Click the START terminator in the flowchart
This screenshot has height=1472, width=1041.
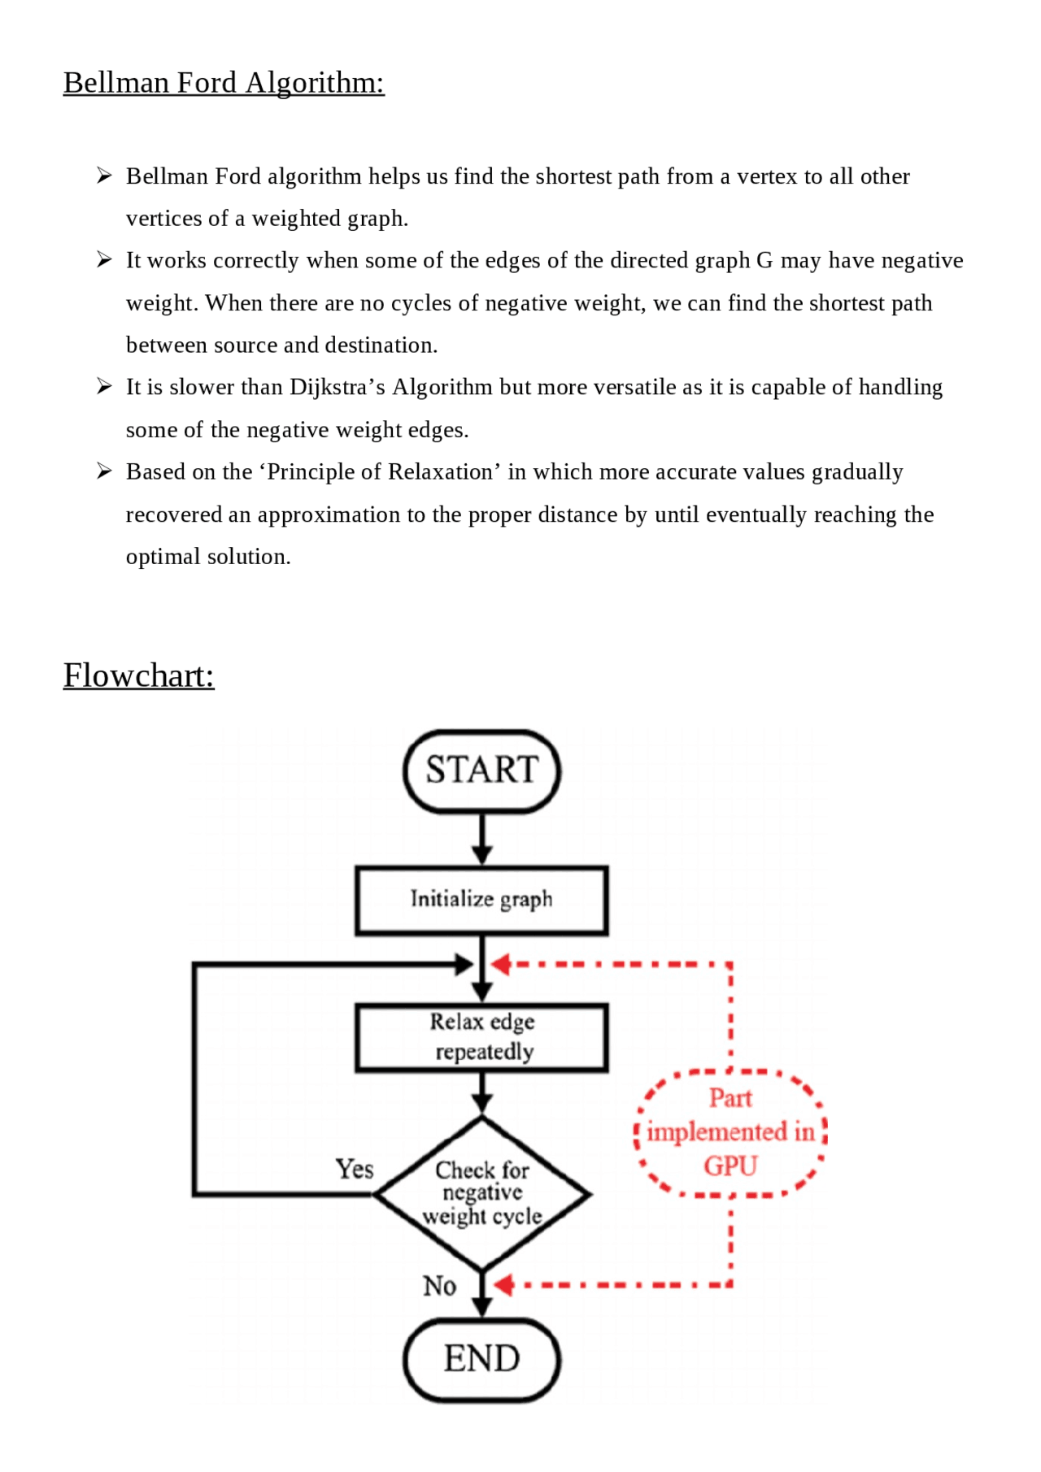(481, 771)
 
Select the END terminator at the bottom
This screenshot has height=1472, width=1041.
(481, 1360)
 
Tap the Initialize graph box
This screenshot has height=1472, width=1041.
(481, 900)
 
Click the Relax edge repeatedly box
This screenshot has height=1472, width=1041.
(481, 1037)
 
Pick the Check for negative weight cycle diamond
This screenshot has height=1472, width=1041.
(481, 1193)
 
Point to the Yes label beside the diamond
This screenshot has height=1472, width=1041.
(355, 1169)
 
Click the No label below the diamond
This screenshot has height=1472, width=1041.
(439, 1286)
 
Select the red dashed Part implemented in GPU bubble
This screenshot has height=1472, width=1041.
(730, 1132)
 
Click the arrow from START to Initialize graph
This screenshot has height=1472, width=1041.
(482, 839)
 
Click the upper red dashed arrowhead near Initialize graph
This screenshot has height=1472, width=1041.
(500, 965)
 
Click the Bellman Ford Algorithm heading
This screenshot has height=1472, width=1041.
(224, 83)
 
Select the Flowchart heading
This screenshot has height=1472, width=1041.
(139, 675)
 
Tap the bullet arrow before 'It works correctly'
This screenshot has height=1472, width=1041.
(103, 260)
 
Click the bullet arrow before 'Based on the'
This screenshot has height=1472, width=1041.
(103, 471)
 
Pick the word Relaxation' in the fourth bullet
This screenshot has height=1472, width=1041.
(445, 472)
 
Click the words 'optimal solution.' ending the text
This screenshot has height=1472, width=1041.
(208, 557)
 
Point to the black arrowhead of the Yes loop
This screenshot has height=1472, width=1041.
(464, 965)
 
